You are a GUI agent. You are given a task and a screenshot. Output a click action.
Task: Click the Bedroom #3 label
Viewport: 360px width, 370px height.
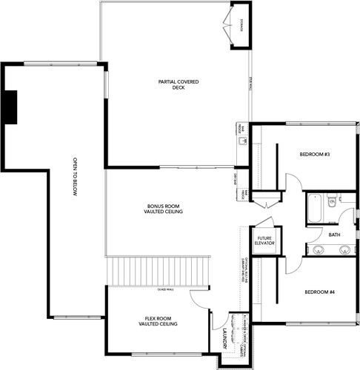pyautogui.click(x=314, y=154)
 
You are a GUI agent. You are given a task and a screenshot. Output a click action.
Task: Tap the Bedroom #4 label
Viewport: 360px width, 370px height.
pyautogui.click(x=320, y=292)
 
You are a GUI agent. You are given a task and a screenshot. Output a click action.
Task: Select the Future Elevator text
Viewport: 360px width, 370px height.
pyautogui.click(x=265, y=241)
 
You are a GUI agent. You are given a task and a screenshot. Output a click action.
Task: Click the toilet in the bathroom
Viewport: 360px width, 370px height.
pyautogui.click(x=332, y=200)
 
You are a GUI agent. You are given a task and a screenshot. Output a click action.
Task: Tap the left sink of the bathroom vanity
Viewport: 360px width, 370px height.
pyautogui.click(x=320, y=249)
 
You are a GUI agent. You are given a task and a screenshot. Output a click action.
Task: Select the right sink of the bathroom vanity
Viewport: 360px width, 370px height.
pyautogui.click(x=344, y=249)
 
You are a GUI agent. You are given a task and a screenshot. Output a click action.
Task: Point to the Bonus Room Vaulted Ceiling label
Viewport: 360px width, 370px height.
pyautogui.click(x=164, y=209)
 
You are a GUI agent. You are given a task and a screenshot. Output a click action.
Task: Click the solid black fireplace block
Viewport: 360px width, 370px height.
pyautogui.click(x=10, y=107)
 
